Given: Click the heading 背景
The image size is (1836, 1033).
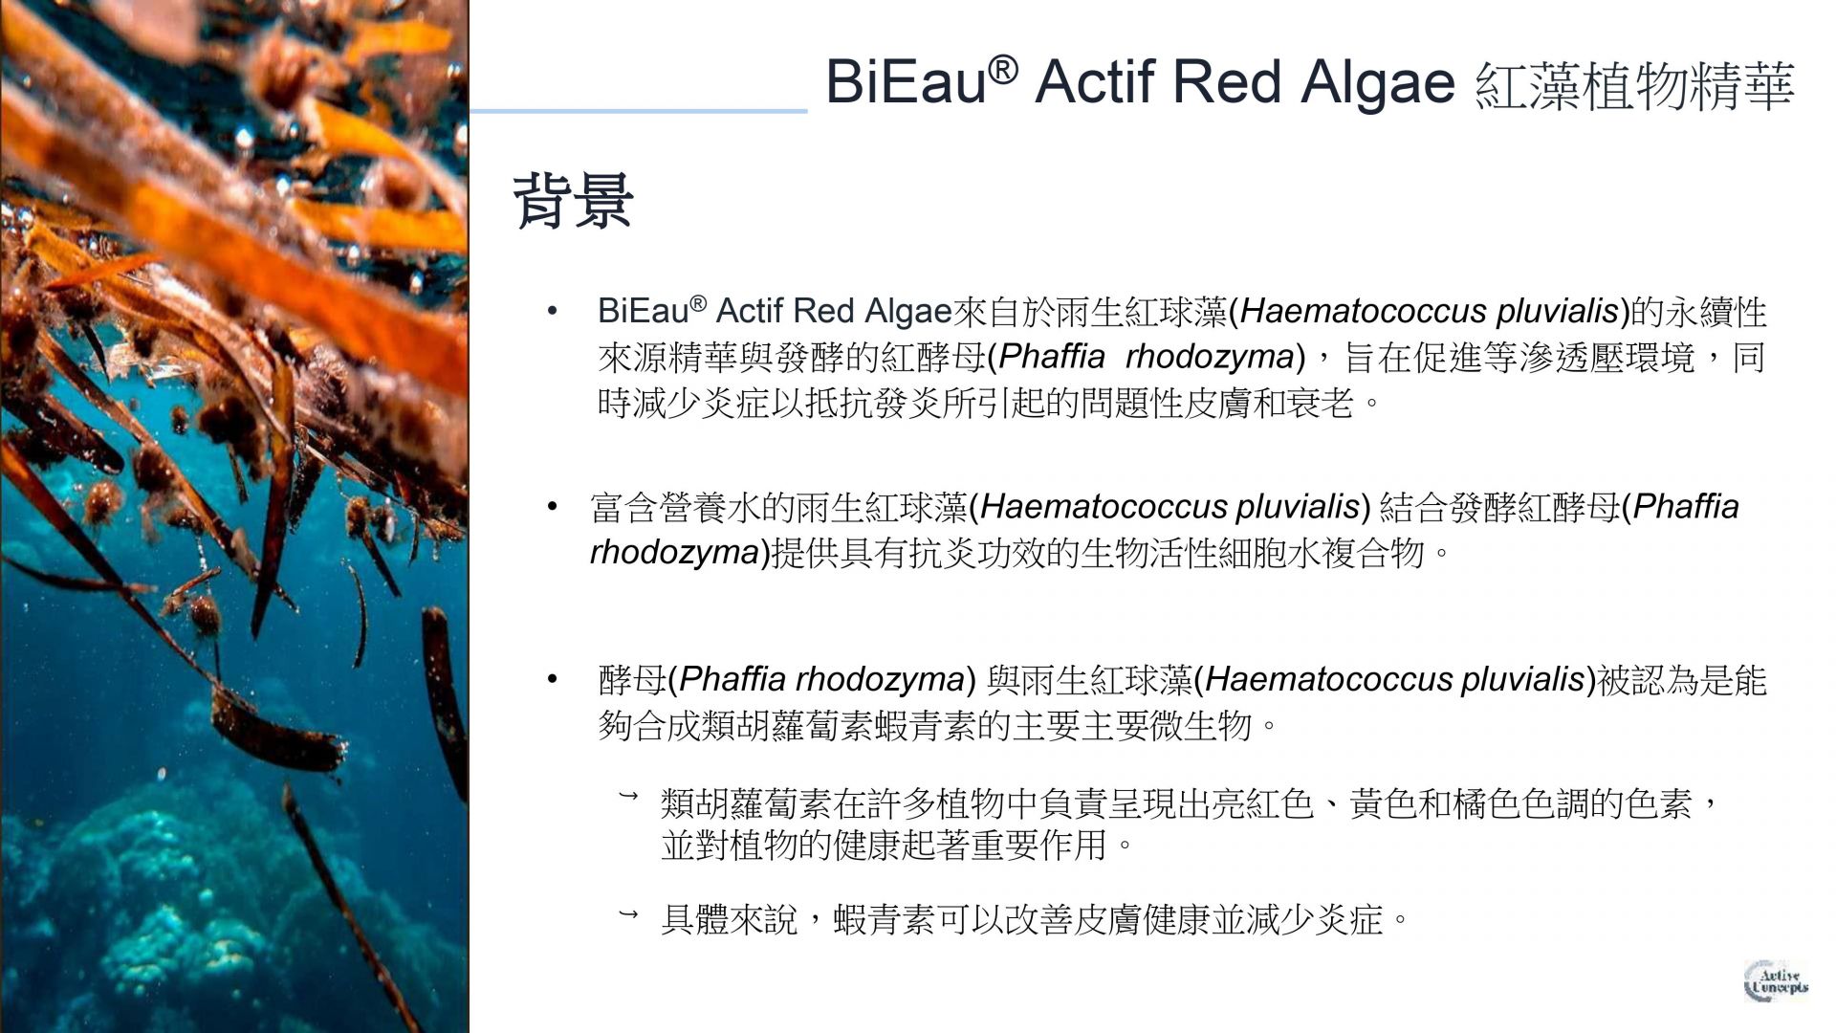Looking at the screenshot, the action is pyautogui.click(x=573, y=201).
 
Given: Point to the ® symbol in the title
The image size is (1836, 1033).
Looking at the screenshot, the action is pyautogui.click(x=1002, y=69).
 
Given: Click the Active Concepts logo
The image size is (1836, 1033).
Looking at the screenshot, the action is pyautogui.click(x=1777, y=981).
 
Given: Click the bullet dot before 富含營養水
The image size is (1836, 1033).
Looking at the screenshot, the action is pyautogui.click(x=552, y=506).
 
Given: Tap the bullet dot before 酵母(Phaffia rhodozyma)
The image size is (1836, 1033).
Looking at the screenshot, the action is pyautogui.click(x=552, y=679).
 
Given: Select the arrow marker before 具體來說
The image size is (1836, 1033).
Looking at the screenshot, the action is pyautogui.click(x=628, y=915).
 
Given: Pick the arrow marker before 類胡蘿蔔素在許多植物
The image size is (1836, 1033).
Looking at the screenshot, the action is pyautogui.click(x=628, y=796).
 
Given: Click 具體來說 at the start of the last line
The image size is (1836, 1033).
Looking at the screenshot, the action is pyautogui.click(x=729, y=920).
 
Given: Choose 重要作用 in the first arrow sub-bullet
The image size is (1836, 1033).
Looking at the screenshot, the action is pyautogui.click(x=1038, y=846).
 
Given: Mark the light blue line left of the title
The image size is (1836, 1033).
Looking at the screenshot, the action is pyautogui.click(x=639, y=111).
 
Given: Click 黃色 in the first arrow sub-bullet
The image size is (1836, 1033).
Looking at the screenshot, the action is pyautogui.click(x=1383, y=803).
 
